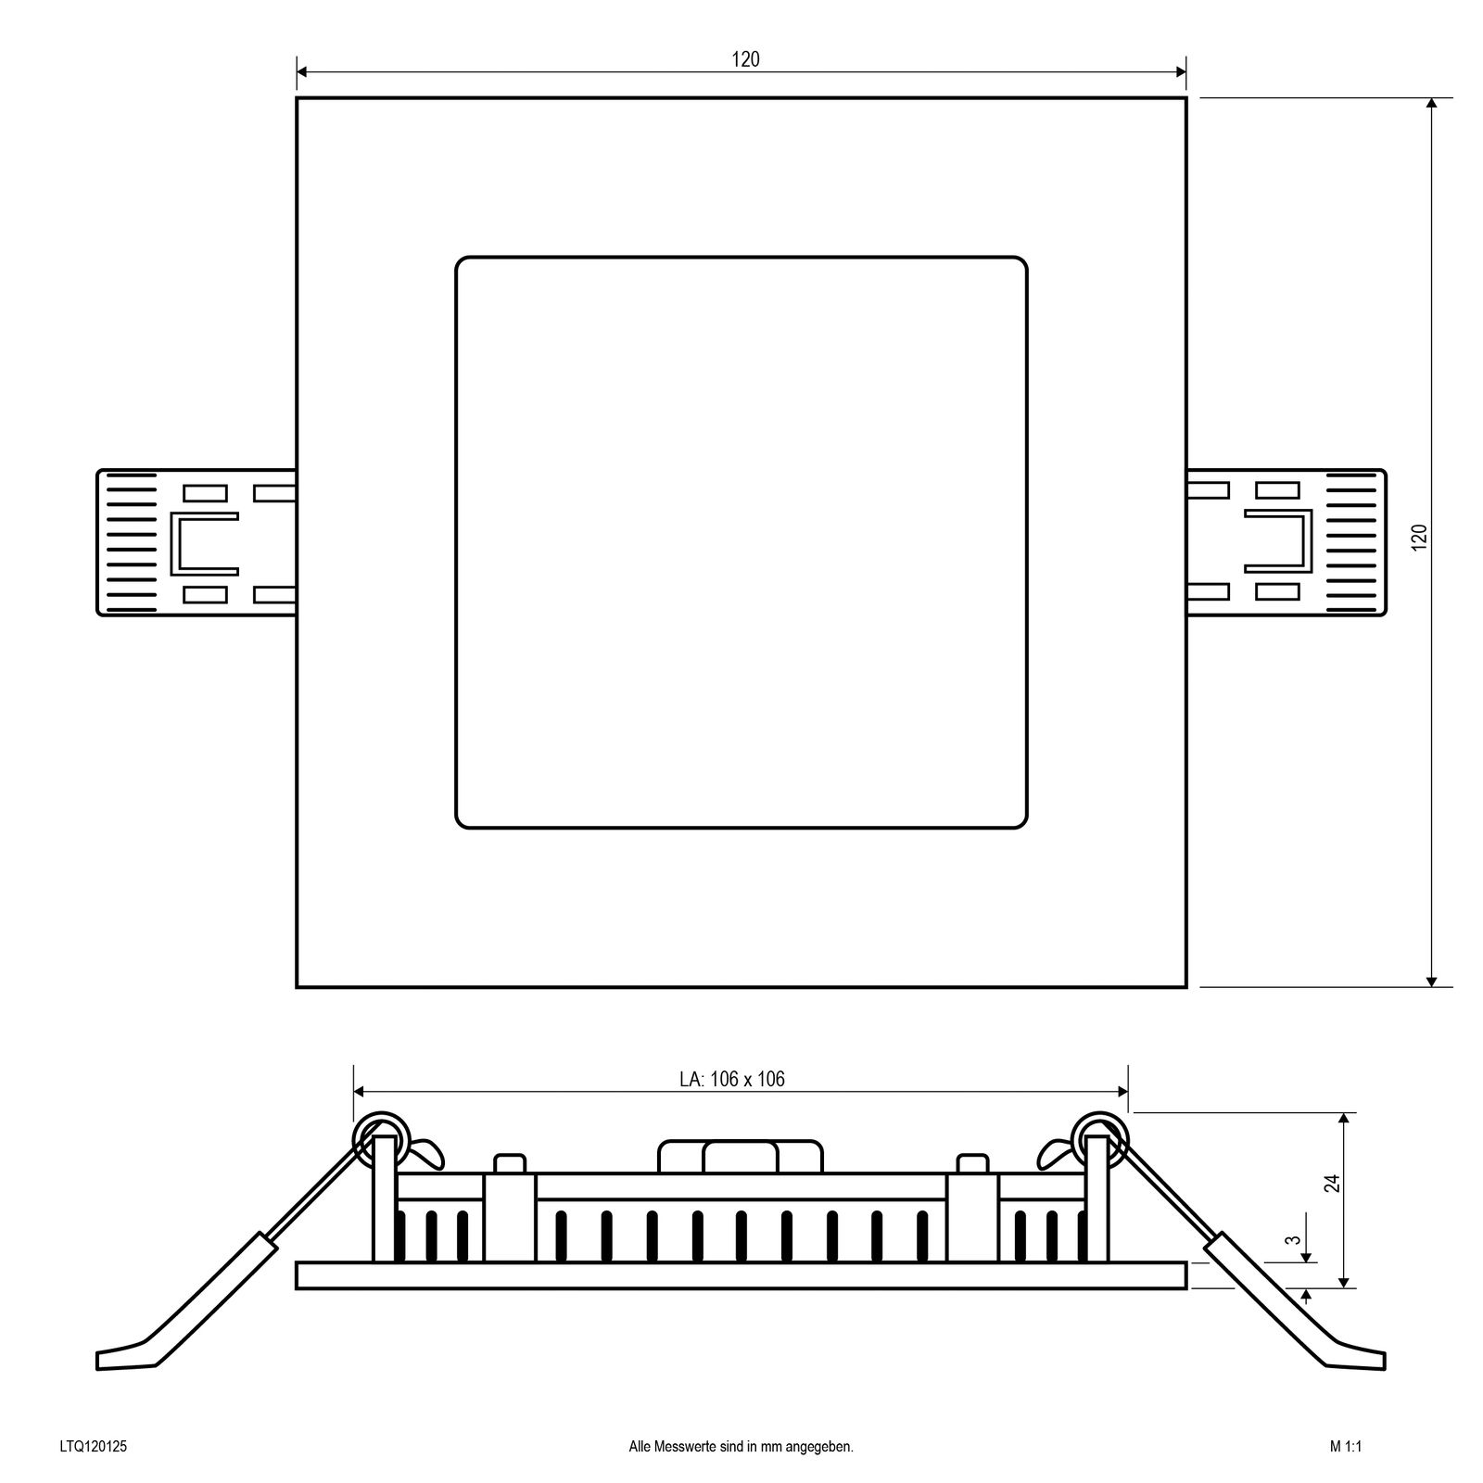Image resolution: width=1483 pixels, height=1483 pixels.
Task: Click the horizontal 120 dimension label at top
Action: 744,59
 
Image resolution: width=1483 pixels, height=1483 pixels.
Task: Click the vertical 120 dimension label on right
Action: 1419,538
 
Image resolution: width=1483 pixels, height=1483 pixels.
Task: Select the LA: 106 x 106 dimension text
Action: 731,1079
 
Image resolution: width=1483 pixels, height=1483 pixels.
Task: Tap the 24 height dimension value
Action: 1332,1183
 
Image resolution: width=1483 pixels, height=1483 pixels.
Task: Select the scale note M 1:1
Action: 1344,1446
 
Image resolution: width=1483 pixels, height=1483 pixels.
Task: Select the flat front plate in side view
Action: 741,1275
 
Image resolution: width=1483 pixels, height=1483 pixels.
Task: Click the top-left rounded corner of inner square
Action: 464,265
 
